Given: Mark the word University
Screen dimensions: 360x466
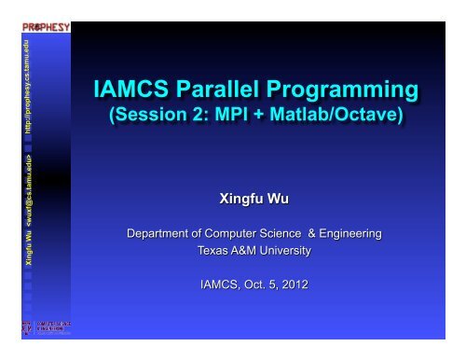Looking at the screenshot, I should (x=287, y=250).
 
